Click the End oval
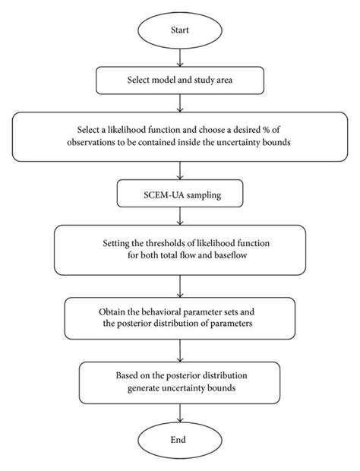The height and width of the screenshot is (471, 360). coord(180,440)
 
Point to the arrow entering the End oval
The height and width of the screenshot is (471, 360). coord(180,410)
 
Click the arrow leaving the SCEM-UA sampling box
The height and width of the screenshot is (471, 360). coord(180,216)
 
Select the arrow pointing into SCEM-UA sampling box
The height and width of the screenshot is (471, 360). coord(180,170)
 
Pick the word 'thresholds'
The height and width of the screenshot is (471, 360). coord(159,244)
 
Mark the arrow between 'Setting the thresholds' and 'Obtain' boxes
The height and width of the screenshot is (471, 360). coord(180,284)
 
